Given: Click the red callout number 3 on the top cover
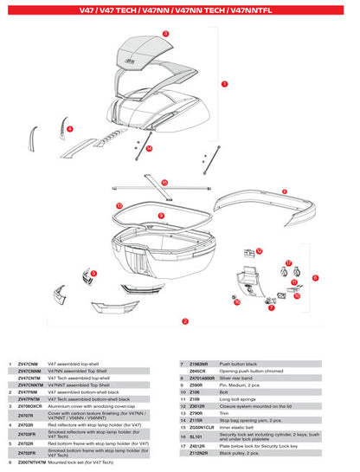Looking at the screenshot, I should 164,32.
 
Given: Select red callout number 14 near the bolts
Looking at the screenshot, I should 149,148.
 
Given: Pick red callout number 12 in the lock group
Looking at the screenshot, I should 259,251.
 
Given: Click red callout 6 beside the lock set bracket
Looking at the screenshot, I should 315,278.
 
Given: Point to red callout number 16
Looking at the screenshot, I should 236,301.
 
